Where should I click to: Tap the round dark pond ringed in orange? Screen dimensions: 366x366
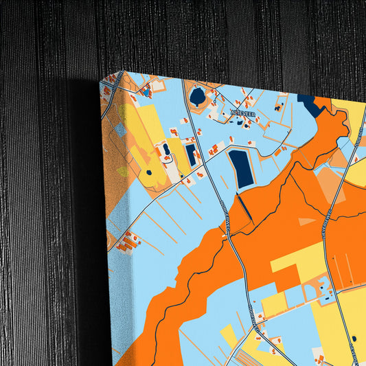pos(198,96)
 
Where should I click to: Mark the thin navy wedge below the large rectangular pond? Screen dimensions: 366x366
pos(244,207)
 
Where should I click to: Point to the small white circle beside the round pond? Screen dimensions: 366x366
pos(214,101)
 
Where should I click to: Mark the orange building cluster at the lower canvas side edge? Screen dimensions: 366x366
pos(128,242)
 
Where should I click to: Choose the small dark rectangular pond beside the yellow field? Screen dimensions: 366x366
pos(190,155)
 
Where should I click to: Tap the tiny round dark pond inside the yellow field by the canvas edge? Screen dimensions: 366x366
pos(148,172)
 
